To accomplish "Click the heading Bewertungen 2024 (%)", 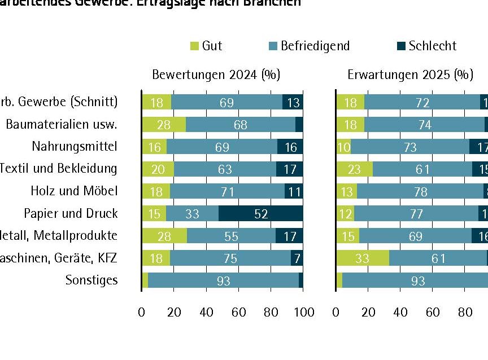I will (x=216, y=75).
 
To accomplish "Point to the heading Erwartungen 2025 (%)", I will (x=410, y=75).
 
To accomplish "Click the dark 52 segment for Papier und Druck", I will (x=261, y=213).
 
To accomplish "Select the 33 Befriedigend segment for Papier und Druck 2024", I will (x=192, y=213).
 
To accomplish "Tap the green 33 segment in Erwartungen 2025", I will (x=362, y=258).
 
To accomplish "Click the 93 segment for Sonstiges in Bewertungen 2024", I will (x=223, y=280).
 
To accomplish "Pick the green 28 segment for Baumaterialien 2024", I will (x=164, y=125).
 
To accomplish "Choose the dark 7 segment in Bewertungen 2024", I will (x=297, y=258).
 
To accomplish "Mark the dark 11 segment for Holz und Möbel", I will (x=294, y=191).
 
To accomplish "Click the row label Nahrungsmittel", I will (x=75, y=147).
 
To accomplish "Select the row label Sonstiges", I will (x=91, y=280).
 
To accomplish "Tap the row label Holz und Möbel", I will (x=74, y=191).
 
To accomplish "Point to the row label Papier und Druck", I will (x=71, y=213).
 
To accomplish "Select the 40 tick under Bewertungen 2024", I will (x=207, y=312).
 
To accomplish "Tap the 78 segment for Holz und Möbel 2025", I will (x=420, y=191).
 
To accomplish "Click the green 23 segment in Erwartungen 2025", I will (x=354, y=169).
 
